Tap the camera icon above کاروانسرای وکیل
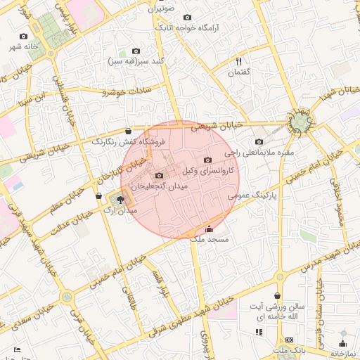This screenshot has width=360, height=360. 207,160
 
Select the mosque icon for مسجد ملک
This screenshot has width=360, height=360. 208,229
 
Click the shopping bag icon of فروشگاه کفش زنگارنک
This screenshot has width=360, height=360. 127,131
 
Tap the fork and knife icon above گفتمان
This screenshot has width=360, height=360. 238,62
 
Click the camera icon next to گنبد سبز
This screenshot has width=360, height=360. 136,51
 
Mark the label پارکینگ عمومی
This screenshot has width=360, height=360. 251,197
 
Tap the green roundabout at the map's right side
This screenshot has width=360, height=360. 300,123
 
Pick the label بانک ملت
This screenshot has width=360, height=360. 291,350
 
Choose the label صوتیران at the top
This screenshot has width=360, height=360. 161,10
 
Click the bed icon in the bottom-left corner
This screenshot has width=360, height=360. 18,349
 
